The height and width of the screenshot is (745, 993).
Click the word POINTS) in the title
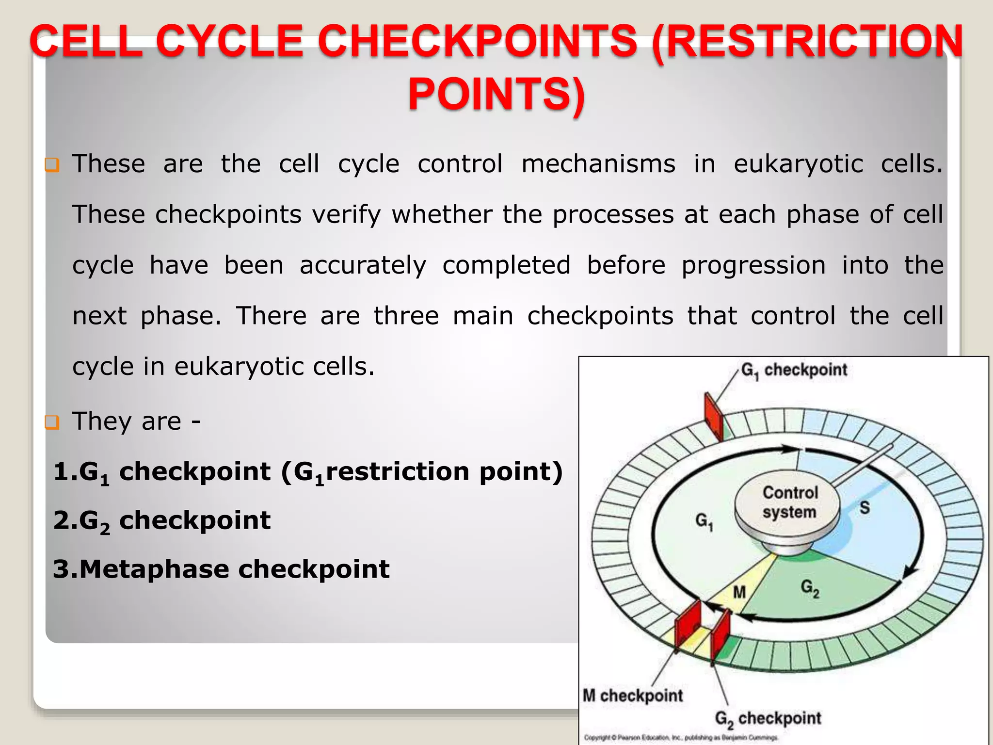496,94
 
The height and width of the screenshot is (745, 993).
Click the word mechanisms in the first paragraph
598,164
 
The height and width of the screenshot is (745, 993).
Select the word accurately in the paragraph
363,265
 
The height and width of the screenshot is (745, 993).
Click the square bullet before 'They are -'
51,422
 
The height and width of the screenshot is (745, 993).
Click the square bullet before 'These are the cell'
51,165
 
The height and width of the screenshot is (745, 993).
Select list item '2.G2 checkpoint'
161,521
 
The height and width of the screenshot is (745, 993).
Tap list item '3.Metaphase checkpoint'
221,569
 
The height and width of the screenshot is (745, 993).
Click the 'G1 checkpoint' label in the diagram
794,371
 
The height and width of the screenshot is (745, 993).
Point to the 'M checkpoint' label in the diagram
632,696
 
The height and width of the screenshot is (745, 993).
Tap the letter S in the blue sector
865,508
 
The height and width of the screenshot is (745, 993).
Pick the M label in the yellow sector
739,592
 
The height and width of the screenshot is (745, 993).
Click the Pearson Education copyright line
680,738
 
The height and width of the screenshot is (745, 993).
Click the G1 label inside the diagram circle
704,522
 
